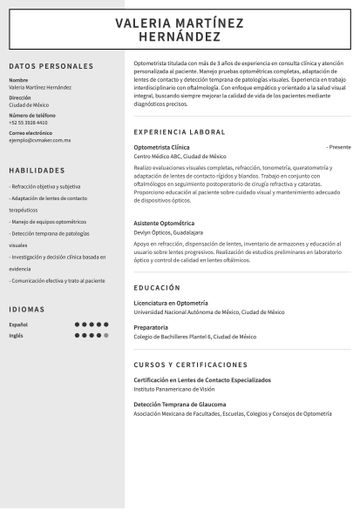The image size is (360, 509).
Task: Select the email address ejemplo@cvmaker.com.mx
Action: [40, 141]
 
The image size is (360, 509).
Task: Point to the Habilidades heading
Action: [36, 170]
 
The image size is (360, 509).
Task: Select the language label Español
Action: [18, 325]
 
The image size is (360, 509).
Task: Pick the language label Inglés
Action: [16, 336]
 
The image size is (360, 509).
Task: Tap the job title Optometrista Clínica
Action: [160, 146]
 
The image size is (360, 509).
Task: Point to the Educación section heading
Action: [156, 287]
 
